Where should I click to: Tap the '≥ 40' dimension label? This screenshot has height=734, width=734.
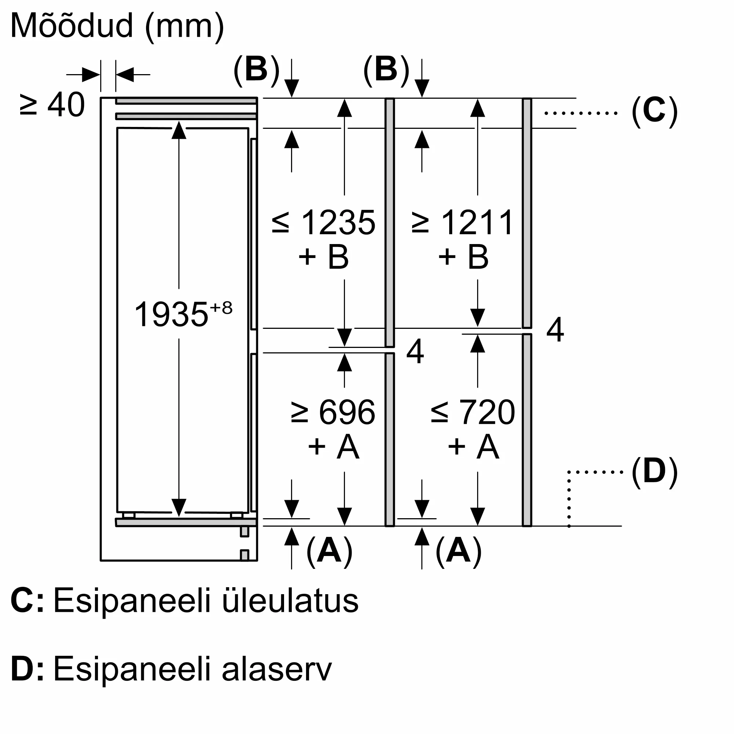[x=52, y=105]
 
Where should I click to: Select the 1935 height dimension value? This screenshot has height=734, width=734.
[x=171, y=315]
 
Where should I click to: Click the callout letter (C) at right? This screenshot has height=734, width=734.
[x=654, y=111]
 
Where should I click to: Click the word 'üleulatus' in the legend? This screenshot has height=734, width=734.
[x=290, y=601]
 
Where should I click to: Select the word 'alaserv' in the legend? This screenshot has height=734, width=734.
[x=277, y=669]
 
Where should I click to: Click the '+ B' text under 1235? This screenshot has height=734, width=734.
[x=324, y=257]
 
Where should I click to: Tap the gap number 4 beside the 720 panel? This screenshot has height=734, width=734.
[x=555, y=330]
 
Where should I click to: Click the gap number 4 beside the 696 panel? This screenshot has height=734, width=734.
[x=415, y=352]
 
